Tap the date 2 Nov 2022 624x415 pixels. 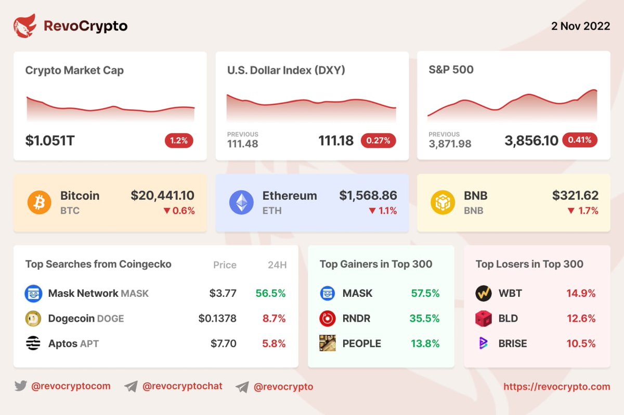(580, 26)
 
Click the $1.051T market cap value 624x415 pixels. (50, 141)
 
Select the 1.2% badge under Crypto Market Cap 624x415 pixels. (179, 141)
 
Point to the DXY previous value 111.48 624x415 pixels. (243, 144)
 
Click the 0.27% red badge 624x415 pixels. (379, 141)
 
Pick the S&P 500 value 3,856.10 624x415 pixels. (531, 141)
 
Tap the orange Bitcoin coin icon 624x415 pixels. (40, 203)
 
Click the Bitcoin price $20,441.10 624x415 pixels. (162, 196)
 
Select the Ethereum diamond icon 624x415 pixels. (241, 203)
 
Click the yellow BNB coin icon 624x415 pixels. (443, 203)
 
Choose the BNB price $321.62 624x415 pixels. (575, 196)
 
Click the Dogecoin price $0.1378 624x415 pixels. (217, 319)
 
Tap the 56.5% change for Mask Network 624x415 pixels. (270, 294)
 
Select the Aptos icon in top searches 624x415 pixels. (33, 344)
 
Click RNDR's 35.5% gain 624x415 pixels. (425, 319)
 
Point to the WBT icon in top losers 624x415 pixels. (484, 294)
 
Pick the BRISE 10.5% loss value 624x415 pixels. (581, 344)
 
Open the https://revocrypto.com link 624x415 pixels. (557, 387)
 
